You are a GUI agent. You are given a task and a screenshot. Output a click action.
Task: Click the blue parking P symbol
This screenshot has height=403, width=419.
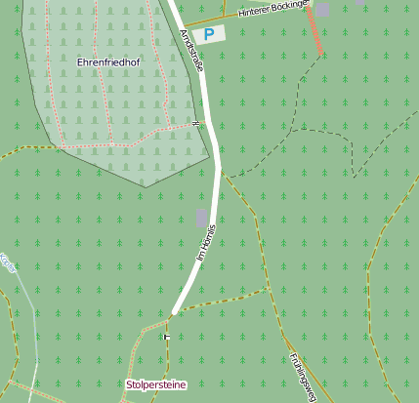(x=208, y=33)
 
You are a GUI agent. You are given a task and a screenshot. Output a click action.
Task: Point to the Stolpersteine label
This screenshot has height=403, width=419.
(x=155, y=384)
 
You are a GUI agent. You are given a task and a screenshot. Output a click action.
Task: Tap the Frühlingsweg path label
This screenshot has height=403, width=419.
(x=302, y=376)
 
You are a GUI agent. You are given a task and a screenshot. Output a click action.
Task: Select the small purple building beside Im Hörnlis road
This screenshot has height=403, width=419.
(x=201, y=217)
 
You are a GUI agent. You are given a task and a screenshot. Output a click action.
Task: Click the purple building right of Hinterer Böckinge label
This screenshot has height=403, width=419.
(x=322, y=10)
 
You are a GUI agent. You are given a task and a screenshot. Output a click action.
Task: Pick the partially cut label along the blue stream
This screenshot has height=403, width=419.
(x=8, y=262)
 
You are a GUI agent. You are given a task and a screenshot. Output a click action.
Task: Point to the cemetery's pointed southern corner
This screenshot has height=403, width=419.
(x=145, y=184)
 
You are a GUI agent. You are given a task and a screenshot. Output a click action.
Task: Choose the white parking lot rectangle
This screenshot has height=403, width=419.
(x=208, y=34)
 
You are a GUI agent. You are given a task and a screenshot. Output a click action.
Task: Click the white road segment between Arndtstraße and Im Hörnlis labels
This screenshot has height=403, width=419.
(x=212, y=146)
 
